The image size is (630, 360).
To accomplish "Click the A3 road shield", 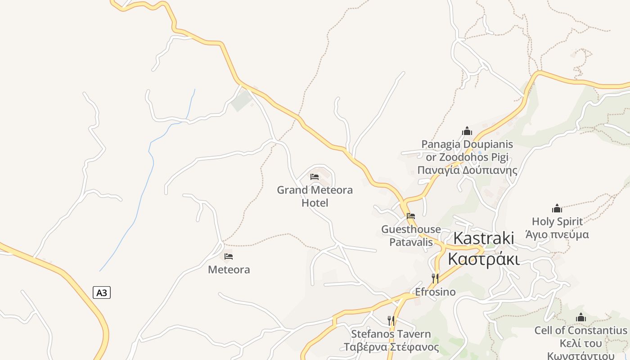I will (102, 292).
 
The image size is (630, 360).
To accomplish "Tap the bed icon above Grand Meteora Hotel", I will (315, 177).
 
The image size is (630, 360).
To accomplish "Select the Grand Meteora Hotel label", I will (315, 196).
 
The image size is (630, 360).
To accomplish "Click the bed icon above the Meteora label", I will (229, 256).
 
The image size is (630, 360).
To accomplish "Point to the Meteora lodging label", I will (229, 270).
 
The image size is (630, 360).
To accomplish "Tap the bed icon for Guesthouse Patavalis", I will (410, 216).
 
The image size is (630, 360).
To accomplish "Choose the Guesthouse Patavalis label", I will (411, 236).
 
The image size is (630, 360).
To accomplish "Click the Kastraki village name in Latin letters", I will (484, 238).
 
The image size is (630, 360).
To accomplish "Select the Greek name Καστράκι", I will (484, 259).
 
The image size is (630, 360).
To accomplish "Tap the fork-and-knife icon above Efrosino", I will (435, 279).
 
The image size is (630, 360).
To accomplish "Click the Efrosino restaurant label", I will (435, 292).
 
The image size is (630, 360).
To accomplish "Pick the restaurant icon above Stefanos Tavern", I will (391, 321).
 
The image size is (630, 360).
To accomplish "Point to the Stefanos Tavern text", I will (391, 334).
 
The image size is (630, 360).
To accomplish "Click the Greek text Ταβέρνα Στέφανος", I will (391, 347).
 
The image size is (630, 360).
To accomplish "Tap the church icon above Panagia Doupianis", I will (467, 131).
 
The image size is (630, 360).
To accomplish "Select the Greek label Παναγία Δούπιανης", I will (467, 171).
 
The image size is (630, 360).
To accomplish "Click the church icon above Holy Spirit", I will (557, 208).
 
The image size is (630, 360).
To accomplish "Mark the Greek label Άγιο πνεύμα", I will (557, 234).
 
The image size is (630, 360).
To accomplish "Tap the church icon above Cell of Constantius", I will (581, 317).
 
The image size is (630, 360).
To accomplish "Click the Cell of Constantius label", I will (580, 330).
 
